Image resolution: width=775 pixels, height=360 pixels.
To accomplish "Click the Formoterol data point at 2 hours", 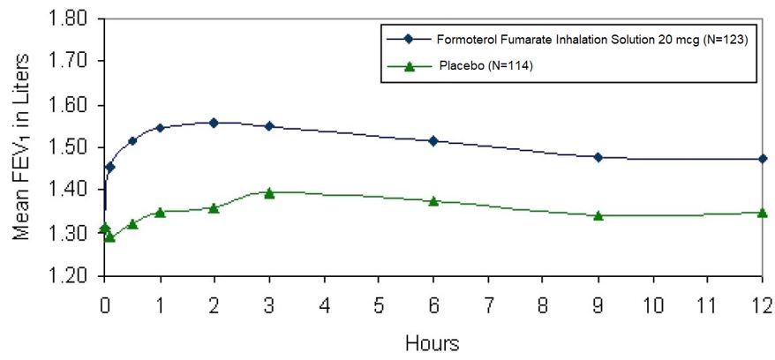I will (x=214, y=123).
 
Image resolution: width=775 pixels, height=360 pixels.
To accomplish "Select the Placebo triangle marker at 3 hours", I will (x=268, y=192).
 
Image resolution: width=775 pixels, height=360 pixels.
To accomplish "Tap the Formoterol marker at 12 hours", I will (x=763, y=159).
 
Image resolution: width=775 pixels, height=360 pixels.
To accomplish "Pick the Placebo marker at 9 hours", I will (x=598, y=215).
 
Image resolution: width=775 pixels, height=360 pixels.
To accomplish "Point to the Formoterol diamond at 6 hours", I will (x=433, y=141).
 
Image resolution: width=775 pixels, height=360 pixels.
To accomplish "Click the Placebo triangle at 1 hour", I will (x=160, y=212).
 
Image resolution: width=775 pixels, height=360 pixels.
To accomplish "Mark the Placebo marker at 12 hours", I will (x=763, y=213).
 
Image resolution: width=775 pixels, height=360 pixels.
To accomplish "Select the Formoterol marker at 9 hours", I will (x=598, y=157).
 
